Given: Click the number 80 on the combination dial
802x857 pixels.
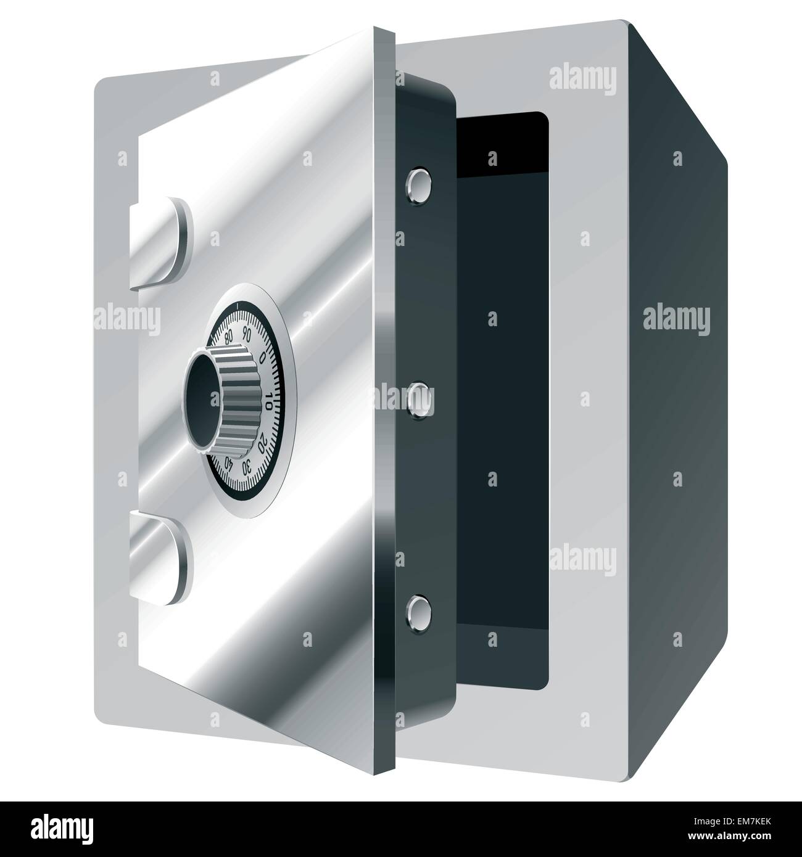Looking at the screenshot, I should pos(229,337).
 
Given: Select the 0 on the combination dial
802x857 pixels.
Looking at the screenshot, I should pos(262,358).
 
